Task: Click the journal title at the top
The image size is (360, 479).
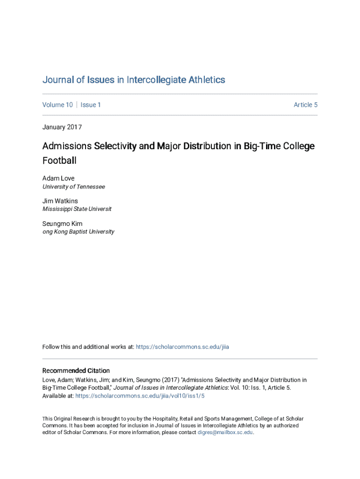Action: click(x=134, y=80)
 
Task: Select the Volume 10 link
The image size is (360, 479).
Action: click(x=58, y=105)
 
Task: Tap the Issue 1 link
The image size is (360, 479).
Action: click(x=91, y=105)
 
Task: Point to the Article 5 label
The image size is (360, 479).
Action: click(x=305, y=105)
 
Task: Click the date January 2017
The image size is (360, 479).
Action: click(x=62, y=127)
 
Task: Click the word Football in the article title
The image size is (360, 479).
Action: click(x=59, y=160)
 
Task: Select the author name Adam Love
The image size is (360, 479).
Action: click(x=58, y=178)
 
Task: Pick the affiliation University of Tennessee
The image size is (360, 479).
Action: click(x=74, y=187)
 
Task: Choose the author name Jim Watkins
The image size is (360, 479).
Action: click(x=60, y=201)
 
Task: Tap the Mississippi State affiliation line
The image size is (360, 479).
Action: click(x=77, y=209)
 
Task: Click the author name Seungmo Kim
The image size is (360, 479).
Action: click(x=62, y=224)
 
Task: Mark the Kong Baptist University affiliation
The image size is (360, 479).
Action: click(x=79, y=232)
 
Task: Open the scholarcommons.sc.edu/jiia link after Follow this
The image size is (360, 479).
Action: click(x=182, y=347)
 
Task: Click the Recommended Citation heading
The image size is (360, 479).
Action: click(x=76, y=370)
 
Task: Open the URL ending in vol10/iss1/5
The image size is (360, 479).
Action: click(x=140, y=396)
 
